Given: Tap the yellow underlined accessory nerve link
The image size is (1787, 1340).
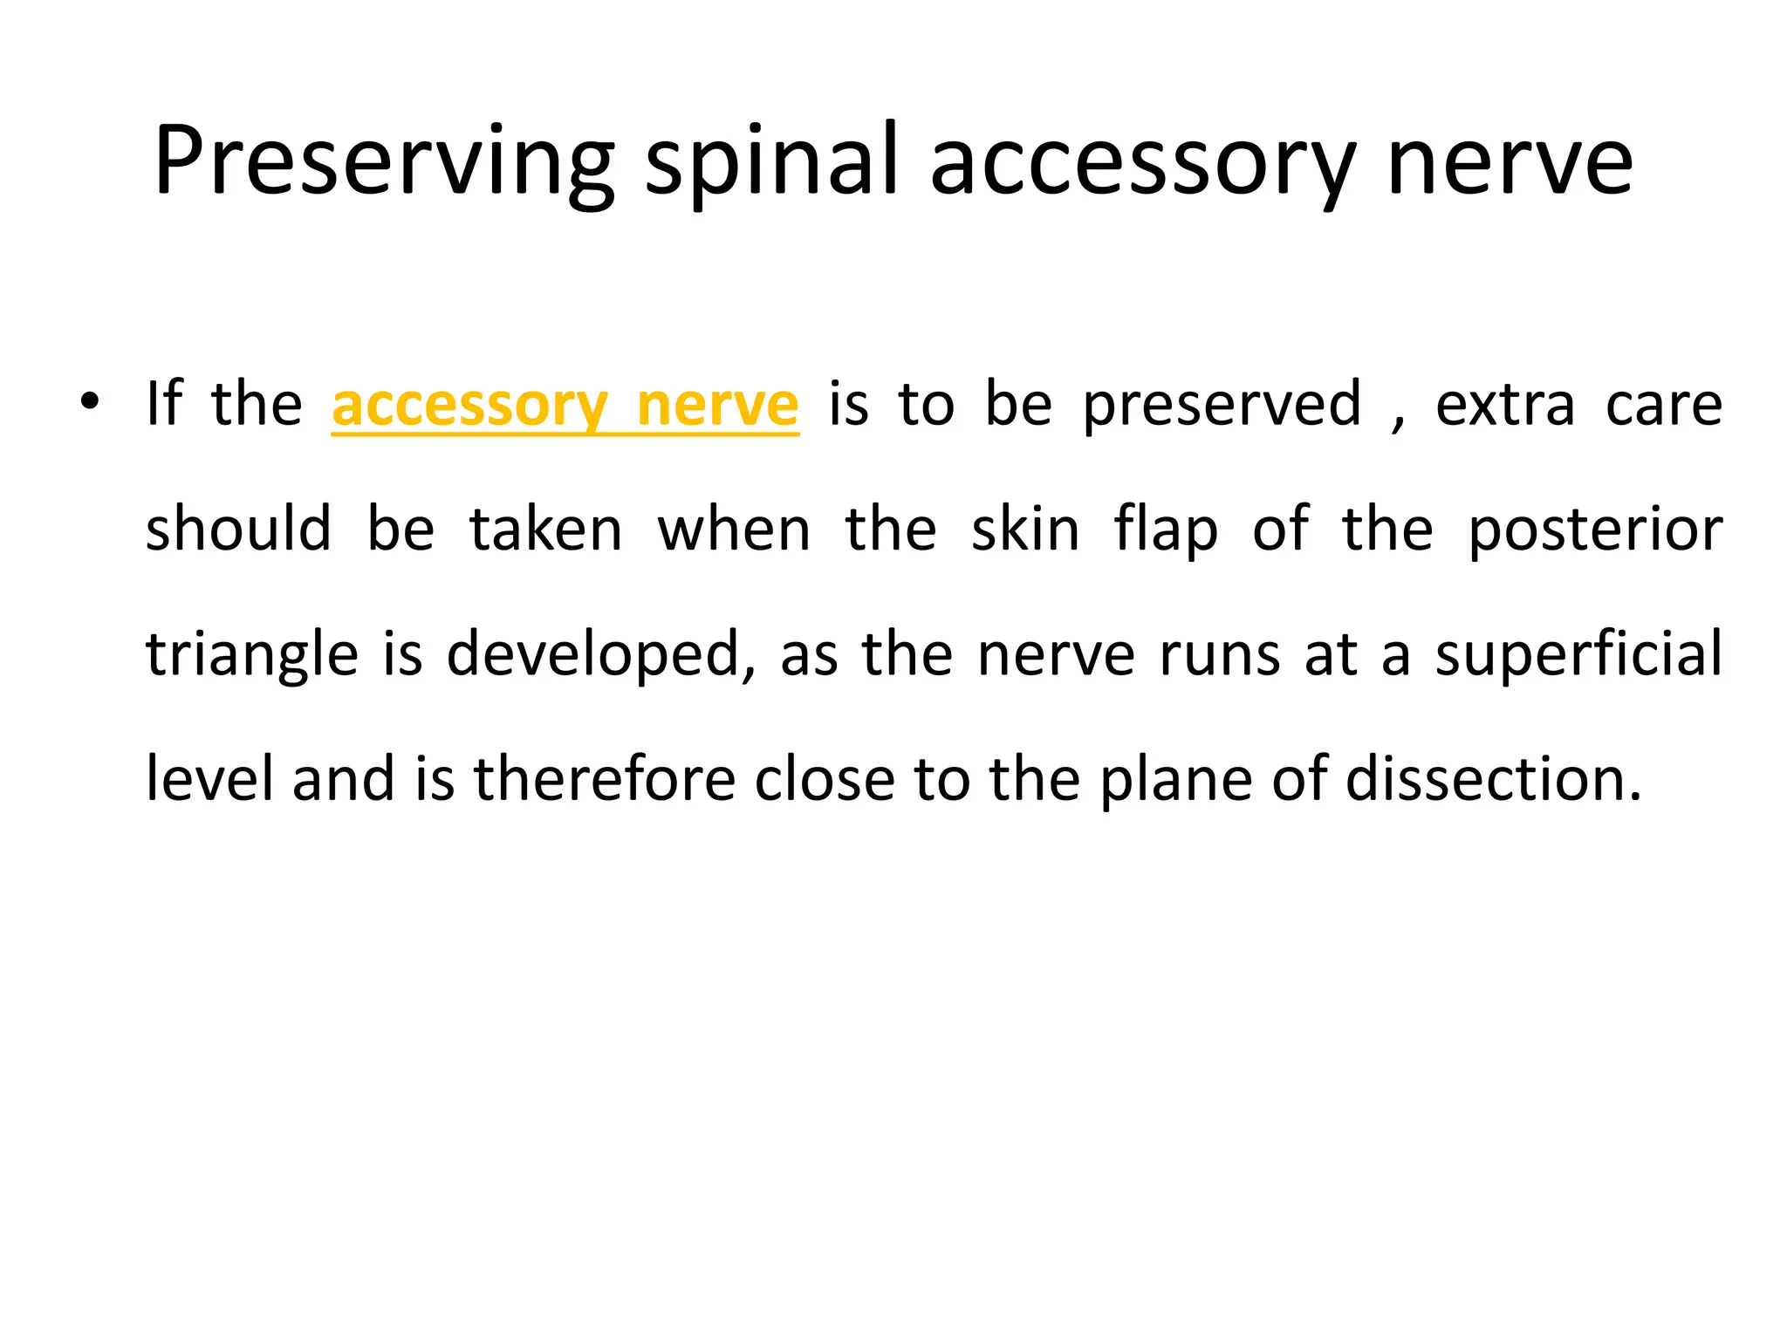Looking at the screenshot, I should click(565, 406).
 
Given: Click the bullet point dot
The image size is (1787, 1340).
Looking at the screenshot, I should click(90, 402).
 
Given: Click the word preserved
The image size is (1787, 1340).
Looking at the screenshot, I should click(1222, 406).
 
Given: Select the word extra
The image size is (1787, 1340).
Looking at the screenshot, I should click(1505, 406).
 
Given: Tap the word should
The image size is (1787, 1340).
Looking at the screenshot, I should click(238, 530).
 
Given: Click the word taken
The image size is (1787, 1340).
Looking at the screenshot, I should click(546, 530).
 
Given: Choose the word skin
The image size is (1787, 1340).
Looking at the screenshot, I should click(1025, 530).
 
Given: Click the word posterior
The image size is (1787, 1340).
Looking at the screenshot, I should click(1595, 531).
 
